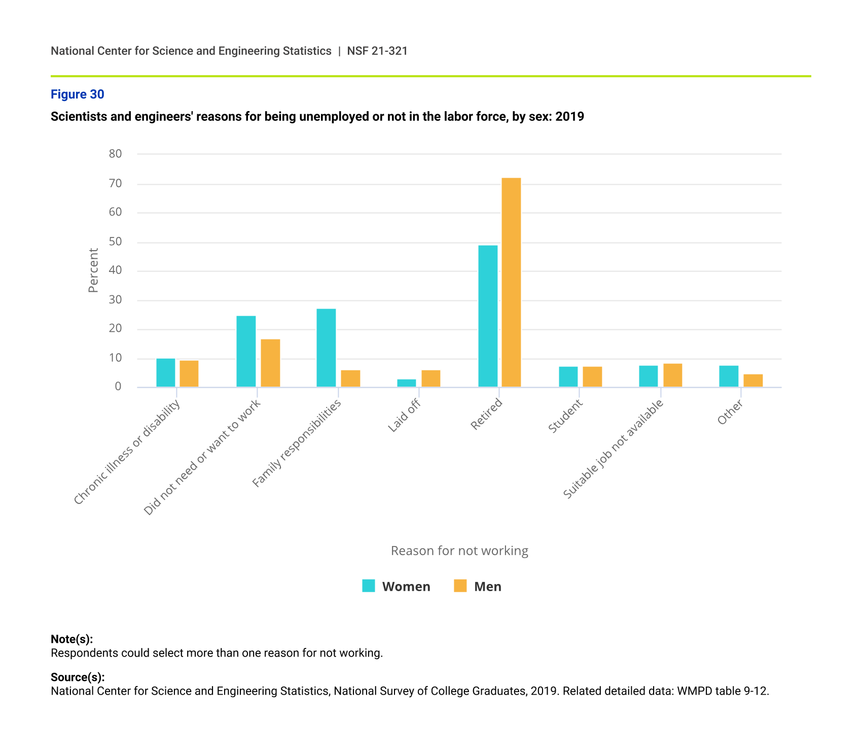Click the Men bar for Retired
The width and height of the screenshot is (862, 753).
tap(511, 283)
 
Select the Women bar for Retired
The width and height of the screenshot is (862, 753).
tap(488, 316)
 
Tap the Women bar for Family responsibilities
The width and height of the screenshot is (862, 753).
tap(326, 348)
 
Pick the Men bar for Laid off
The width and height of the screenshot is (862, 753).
tap(431, 379)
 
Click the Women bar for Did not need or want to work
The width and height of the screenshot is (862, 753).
tap(246, 352)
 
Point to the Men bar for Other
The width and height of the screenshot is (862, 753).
tap(753, 381)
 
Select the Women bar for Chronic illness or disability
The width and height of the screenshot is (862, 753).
tap(166, 373)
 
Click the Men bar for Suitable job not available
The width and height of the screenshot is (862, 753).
tap(673, 375)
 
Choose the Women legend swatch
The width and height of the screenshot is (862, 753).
tap(369, 586)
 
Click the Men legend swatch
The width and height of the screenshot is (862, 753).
tap(460, 586)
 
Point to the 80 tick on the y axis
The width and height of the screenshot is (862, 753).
tap(116, 154)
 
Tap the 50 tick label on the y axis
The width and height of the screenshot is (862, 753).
tap(116, 242)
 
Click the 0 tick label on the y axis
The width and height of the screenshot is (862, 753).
tap(118, 387)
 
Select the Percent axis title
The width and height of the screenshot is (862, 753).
tap(93, 270)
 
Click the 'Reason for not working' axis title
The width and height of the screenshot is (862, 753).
tap(459, 551)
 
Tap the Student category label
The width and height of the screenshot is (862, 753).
tap(565, 417)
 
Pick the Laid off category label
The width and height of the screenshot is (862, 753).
tap(404, 416)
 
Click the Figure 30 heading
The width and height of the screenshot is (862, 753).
tap(78, 94)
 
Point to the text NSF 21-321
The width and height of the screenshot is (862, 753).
tap(377, 51)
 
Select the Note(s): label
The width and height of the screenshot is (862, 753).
tap(71, 639)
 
